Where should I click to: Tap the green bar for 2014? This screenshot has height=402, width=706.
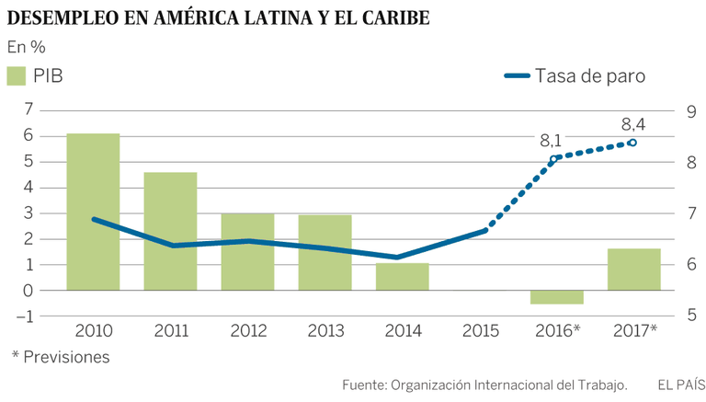click(402, 277)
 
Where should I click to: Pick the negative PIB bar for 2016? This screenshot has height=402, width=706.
click(556, 297)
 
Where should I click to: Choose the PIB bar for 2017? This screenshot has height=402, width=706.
click(633, 270)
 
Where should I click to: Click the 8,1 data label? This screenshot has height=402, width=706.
click(551, 141)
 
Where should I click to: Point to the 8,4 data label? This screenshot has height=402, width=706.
click(633, 123)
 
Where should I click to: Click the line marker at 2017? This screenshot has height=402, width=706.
click(632, 143)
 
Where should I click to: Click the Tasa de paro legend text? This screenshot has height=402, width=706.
click(590, 76)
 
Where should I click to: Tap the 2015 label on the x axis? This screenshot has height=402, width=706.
click(479, 328)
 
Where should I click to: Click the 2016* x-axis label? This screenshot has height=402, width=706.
click(558, 328)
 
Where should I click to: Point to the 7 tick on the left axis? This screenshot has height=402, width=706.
click(28, 109)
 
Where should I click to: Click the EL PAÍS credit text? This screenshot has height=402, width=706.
click(675, 384)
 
